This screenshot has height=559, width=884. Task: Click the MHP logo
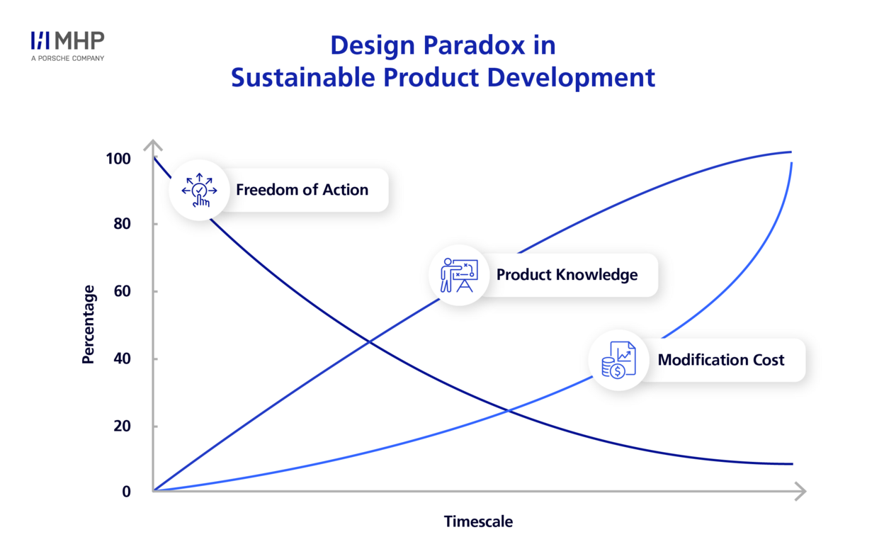tap(67, 40)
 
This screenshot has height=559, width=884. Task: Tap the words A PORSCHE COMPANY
tap(67, 58)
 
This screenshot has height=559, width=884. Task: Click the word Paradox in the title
tap(474, 45)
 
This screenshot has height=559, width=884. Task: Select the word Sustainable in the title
tap(303, 77)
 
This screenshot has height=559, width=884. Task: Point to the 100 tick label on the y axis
tap(118, 159)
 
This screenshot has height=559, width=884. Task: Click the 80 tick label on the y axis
tap(122, 224)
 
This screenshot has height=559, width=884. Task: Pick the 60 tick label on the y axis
tap(122, 291)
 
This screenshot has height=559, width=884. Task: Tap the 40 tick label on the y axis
tap(122, 358)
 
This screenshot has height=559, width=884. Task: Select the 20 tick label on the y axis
tap(122, 427)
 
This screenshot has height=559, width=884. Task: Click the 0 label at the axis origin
tap(126, 492)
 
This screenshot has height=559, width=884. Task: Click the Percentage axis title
tap(89, 324)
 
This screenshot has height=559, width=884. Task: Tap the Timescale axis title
tap(478, 521)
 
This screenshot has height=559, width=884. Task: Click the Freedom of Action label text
tap(302, 190)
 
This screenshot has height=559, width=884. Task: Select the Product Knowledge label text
tap(567, 275)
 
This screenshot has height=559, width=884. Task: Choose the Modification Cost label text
tap(721, 360)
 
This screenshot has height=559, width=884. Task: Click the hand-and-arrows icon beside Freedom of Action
tap(199, 191)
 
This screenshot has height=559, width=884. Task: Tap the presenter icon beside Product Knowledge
tap(459, 275)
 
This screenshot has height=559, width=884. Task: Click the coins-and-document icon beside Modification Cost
tap(619, 360)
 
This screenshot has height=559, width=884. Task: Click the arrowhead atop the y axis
tap(153, 145)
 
